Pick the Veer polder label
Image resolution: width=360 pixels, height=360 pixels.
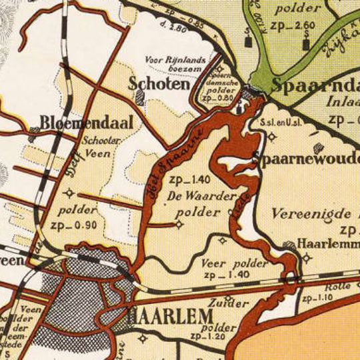[224, 263]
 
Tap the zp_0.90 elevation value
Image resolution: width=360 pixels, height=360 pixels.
[82, 225]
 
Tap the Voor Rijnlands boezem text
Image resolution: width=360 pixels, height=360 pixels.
[177, 64]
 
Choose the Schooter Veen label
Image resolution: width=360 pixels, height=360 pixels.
[99, 147]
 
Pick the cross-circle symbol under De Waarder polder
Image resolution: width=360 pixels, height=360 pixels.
[179, 225]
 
